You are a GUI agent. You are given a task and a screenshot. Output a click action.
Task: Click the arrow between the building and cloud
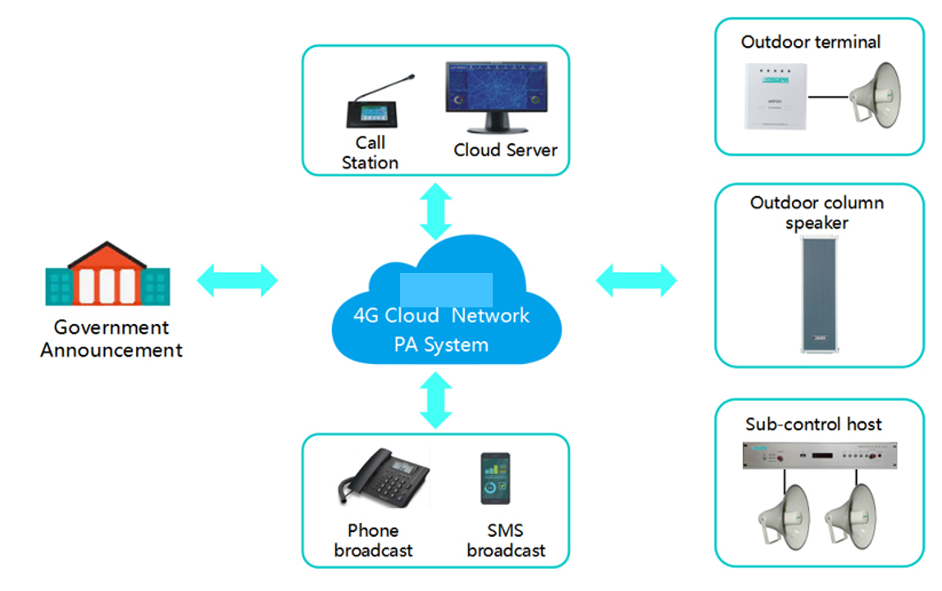pyautogui.click(x=238, y=280)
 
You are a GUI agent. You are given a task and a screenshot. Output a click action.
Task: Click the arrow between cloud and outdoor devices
pyautogui.click(x=636, y=280)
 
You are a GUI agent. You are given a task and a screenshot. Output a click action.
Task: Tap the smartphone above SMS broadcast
pyautogui.click(x=495, y=479)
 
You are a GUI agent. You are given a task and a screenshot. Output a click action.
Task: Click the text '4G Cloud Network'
pyautogui.click(x=441, y=316)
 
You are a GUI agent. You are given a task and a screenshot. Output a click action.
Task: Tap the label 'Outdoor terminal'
pyautogui.click(x=811, y=42)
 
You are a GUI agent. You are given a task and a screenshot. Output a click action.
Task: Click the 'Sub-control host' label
pyautogui.click(x=813, y=424)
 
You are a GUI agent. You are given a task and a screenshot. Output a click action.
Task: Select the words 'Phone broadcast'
pyautogui.click(x=373, y=540)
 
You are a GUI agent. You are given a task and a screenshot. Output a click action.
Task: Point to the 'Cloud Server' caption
pyautogui.click(x=505, y=150)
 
